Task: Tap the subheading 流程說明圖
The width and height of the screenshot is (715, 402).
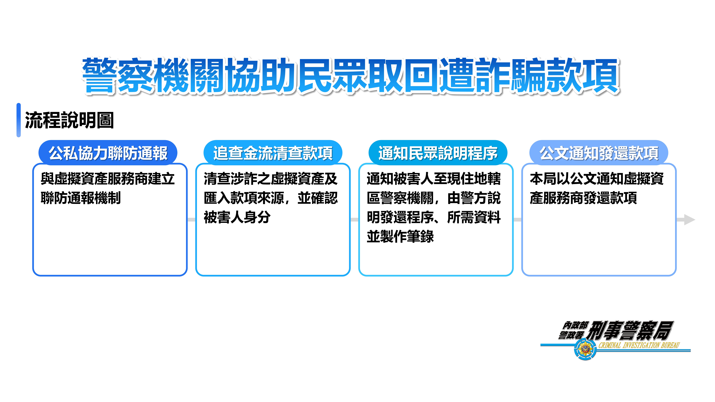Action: [x=69, y=120]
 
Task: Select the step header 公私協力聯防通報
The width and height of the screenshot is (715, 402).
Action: [x=108, y=153]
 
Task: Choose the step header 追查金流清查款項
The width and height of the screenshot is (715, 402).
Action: [x=273, y=153]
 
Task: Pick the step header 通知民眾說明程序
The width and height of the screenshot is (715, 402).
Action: [x=438, y=153]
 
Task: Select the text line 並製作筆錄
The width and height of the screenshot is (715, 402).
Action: [x=400, y=236]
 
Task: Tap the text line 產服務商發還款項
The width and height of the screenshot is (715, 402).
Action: [x=583, y=198]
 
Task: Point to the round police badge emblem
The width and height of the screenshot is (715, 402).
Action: [x=585, y=350]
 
